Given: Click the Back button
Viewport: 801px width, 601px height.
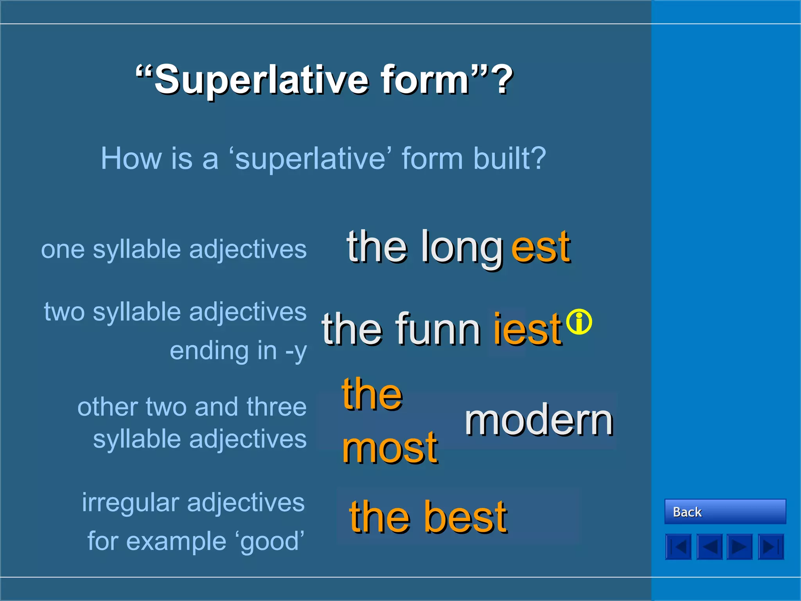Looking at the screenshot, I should tap(725, 511).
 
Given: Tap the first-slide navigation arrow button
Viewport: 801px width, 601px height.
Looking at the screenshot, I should tap(678, 547).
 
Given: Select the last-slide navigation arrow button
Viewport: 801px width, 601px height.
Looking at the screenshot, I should tap(770, 547).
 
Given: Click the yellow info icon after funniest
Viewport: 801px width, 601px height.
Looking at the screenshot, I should tap(579, 322).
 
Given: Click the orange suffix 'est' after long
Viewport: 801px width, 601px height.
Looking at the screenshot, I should tap(541, 247).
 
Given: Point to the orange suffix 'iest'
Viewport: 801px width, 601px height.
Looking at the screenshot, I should tap(527, 329).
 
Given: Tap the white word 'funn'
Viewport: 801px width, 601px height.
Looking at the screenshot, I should tap(438, 329).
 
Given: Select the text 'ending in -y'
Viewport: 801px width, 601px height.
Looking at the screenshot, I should tap(238, 351).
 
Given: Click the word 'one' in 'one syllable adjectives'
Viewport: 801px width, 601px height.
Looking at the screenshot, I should tap(63, 250).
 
